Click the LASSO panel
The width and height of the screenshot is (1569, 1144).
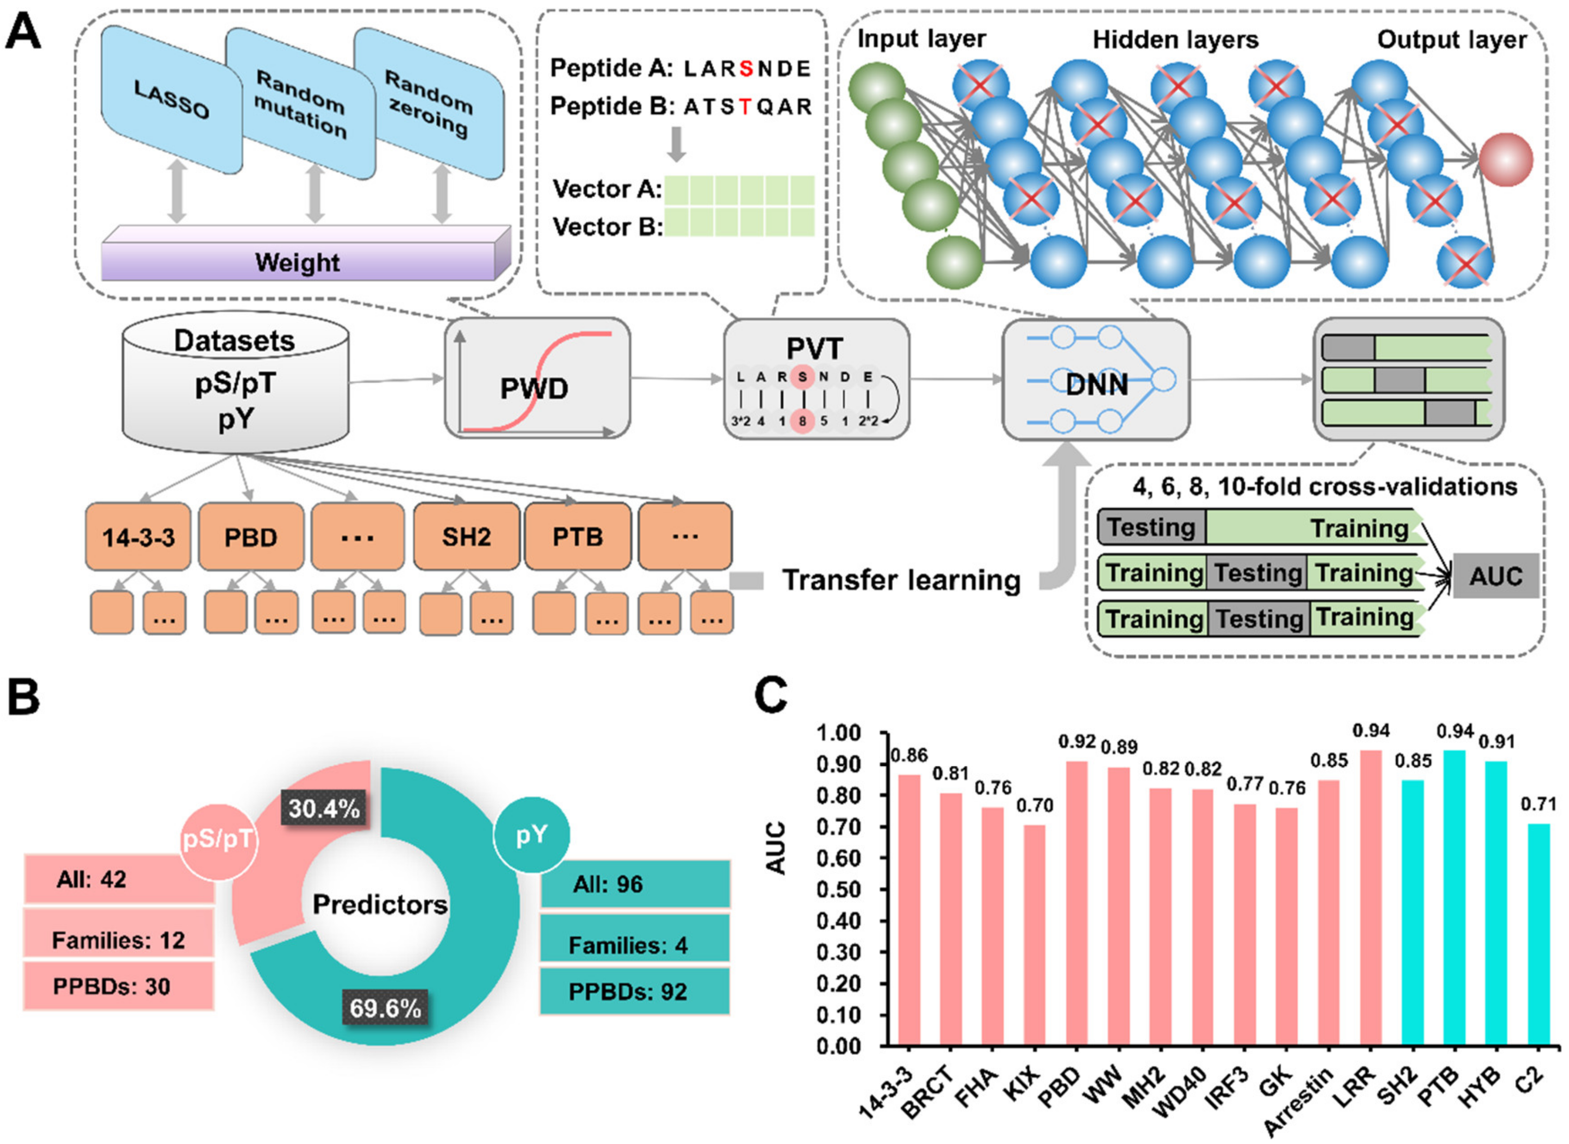point(172,100)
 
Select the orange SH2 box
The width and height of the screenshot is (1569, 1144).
point(466,537)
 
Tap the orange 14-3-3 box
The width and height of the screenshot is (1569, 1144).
point(138,537)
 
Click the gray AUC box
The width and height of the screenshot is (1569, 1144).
point(1496,575)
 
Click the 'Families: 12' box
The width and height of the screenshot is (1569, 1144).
point(118,940)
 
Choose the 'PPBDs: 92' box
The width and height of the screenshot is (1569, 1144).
point(634,992)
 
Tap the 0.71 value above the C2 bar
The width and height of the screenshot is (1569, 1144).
point(1538,804)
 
